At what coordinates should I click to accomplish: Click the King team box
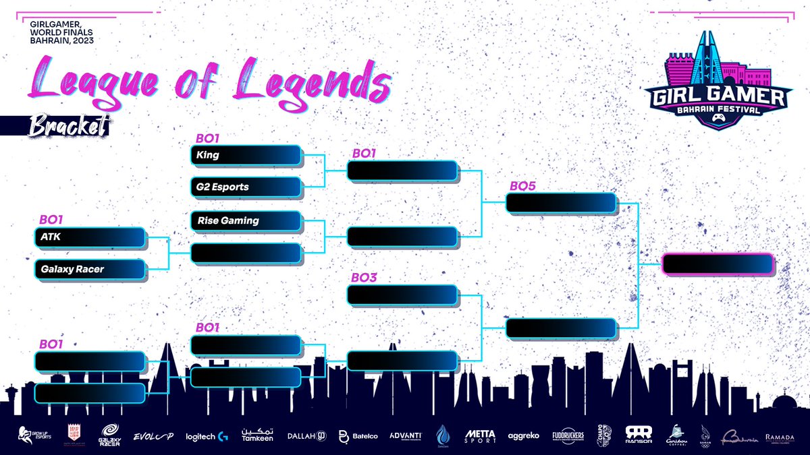tap(246, 155)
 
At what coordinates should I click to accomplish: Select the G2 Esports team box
tap(246, 187)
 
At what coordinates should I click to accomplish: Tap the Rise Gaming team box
tap(246, 220)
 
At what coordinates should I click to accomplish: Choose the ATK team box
tap(90, 237)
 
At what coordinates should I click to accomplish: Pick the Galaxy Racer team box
tap(90, 270)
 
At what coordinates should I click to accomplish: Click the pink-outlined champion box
tap(718, 264)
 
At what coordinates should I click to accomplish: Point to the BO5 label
tap(522, 185)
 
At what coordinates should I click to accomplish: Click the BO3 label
tap(364, 277)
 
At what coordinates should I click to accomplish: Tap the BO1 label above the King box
tap(209, 138)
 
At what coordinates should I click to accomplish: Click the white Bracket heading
tap(67, 126)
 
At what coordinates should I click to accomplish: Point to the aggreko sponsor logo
tap(524, 436)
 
